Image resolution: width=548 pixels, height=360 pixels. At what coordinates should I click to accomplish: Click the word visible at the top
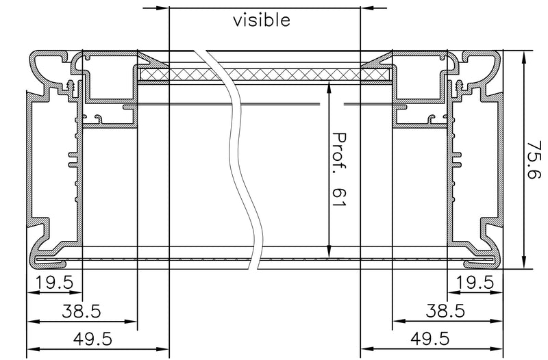[x=262, y=21]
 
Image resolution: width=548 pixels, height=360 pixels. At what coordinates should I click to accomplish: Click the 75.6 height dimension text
[x=534, y=159]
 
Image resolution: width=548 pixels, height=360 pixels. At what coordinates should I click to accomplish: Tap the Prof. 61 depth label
[x=338, y=169]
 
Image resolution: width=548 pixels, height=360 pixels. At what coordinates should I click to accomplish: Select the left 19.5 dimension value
[x=54, y=282]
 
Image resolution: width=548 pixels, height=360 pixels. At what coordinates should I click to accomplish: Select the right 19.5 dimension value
[x=475, y=282]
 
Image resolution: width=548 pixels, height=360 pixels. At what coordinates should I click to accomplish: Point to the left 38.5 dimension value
[x=81, y=311]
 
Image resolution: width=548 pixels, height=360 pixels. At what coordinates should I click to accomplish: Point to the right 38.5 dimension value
[x=445, y=311]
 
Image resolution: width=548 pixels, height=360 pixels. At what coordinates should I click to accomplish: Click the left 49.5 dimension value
[x=92, y=339]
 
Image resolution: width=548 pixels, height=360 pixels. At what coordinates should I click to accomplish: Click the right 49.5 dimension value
[x=430, y=339]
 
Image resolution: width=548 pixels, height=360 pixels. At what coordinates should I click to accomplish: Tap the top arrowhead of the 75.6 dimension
[x=523, y=57]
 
